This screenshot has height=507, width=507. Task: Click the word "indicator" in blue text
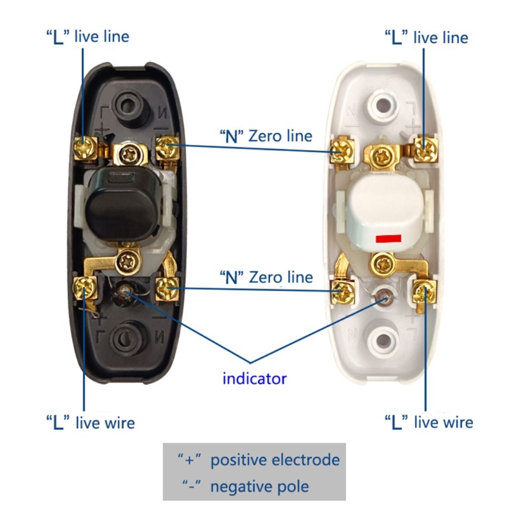tap(254, 379)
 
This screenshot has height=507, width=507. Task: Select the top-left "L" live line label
tap(87, 36)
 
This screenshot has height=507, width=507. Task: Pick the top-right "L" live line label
tap(426, 37)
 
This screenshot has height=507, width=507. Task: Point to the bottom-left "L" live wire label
tap(90, 422)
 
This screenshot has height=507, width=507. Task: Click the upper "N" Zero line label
tap(266, 136)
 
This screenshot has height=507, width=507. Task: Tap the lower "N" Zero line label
tap(266, 277)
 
